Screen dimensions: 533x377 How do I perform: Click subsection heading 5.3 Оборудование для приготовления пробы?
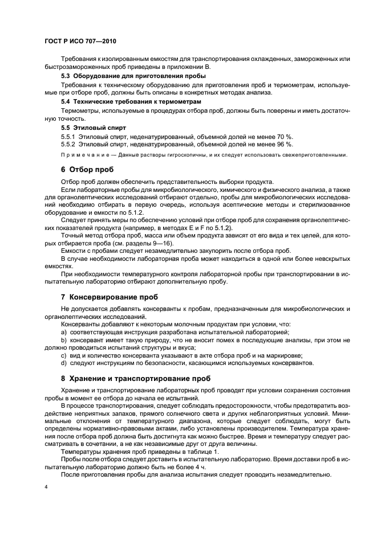(x=133, y=76)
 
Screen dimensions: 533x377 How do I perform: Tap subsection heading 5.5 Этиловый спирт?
(x=93, y=128)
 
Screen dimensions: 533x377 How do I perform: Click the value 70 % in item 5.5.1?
(x=283, y=137)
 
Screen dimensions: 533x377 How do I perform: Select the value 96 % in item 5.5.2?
(x=283, y=145)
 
